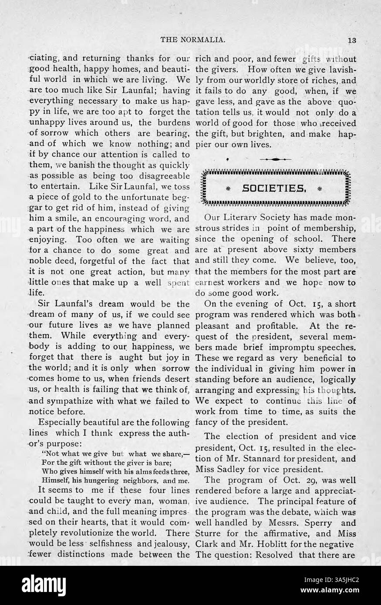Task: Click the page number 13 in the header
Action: [x=352, y=40]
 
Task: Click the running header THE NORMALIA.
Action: [x=193, y=40]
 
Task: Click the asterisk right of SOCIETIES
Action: [x=321, y=188]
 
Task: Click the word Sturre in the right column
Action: [x=209, y=534]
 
